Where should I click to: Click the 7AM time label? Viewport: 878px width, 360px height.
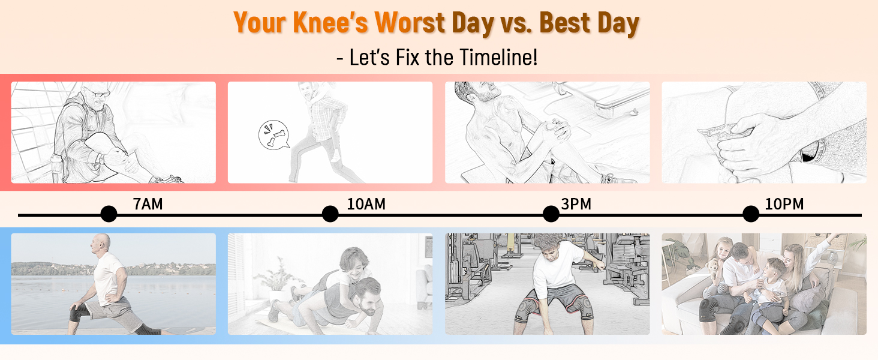148,205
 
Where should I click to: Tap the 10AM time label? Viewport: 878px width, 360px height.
366,205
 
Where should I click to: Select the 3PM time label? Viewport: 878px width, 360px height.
576,205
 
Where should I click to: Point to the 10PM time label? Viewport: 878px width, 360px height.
784,205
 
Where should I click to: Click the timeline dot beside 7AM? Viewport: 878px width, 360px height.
109,214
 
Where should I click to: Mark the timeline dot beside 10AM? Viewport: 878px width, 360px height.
330,214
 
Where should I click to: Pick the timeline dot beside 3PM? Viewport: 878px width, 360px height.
551,214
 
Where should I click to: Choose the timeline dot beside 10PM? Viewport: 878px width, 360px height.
751,214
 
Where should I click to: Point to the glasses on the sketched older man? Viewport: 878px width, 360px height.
100,94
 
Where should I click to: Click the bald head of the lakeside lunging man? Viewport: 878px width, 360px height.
100,241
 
